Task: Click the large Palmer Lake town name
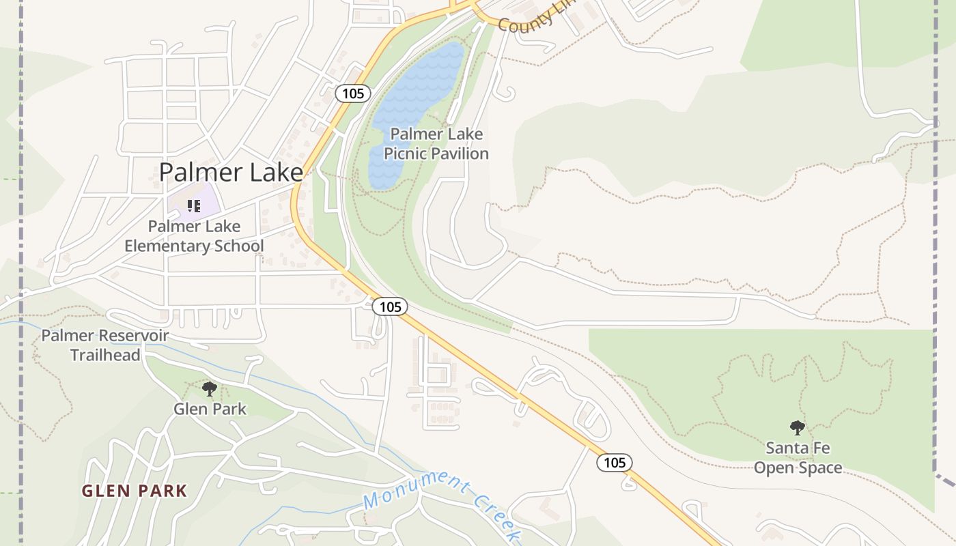click(x=231, y=172)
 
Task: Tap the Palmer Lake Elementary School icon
click(x=194, y=205)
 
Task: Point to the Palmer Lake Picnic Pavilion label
click(x=436, y=143)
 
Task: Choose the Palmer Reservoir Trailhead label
click(x=105, y=345)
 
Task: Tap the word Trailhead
click(x=105, y=355)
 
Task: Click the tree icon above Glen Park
click(x=210, y=389)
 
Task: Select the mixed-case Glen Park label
click(x=210, y=409)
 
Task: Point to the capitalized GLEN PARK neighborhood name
click(x=135, y=491)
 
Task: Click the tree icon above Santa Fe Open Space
click(x=797, y=428)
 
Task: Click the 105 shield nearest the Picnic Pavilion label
click(x=353, y=94)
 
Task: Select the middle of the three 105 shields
click(x=390, y=307)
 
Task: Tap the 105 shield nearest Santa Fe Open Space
click(x=615, y=463)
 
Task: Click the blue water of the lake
click(x=417, y=89)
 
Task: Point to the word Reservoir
click(x=135, y=335)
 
